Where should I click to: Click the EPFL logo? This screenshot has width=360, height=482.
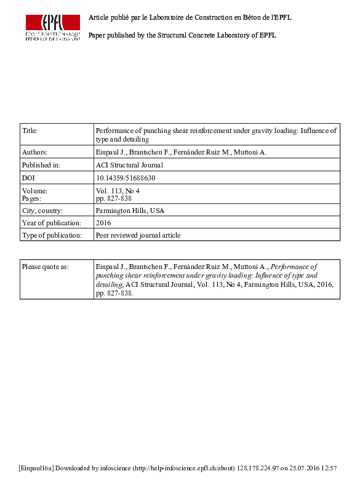click(52, 27)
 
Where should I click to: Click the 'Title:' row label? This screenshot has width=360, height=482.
click(30, 131)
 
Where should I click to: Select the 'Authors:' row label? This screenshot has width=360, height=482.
click(34, 151)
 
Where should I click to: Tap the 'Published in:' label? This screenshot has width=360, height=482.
click(41, 165)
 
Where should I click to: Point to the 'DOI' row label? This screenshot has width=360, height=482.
click(28, 178)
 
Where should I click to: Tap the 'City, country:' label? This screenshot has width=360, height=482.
click(42, 211)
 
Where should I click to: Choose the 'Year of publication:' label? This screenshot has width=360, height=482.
click(52, 223)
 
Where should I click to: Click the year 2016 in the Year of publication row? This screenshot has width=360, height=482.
click(103, 223)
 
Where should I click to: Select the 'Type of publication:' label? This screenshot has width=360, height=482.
click(52, 235)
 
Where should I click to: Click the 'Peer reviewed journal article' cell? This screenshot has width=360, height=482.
click(138, 235)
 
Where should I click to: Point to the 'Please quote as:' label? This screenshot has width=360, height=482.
click(46, 267)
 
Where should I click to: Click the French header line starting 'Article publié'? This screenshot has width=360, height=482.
click(190, 17)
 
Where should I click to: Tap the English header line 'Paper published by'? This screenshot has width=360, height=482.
click(182, 35)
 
